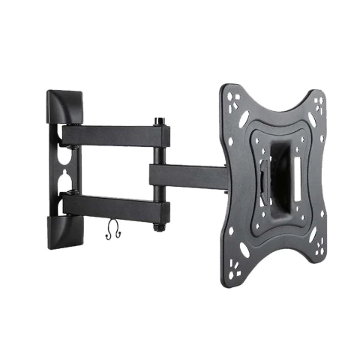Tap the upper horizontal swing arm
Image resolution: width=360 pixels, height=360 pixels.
[x=112, y=135]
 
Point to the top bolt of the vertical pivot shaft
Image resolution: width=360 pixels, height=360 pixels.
[x=160, y=121]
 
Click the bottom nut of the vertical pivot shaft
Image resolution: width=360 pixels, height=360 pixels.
[x=160, y=226]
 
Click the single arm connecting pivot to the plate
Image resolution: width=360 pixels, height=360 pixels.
[x=187, y=177]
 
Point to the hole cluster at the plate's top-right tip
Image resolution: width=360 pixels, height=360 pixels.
[x=318, y=101]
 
